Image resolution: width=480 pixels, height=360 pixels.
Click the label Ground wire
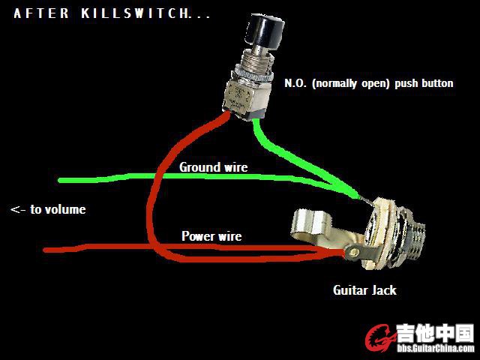pos(213,167)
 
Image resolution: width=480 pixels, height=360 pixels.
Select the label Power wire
pos(211,236)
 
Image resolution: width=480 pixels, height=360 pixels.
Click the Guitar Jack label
pos(364,289)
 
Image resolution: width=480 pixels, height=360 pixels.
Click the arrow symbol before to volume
pos(19,209)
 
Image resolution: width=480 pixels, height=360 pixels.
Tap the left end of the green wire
pos(62,180)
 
